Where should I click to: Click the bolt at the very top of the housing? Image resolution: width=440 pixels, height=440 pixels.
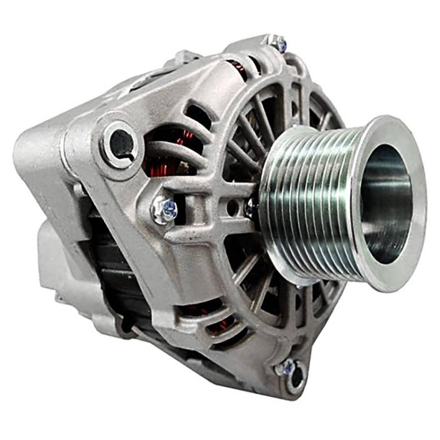[x=279, y=42]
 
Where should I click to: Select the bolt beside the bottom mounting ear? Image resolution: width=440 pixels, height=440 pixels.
[x=286, y=367]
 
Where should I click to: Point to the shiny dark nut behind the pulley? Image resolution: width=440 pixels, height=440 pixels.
[x=252, y=208]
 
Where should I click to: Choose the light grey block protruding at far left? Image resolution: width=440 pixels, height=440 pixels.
[x=50, y=258]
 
